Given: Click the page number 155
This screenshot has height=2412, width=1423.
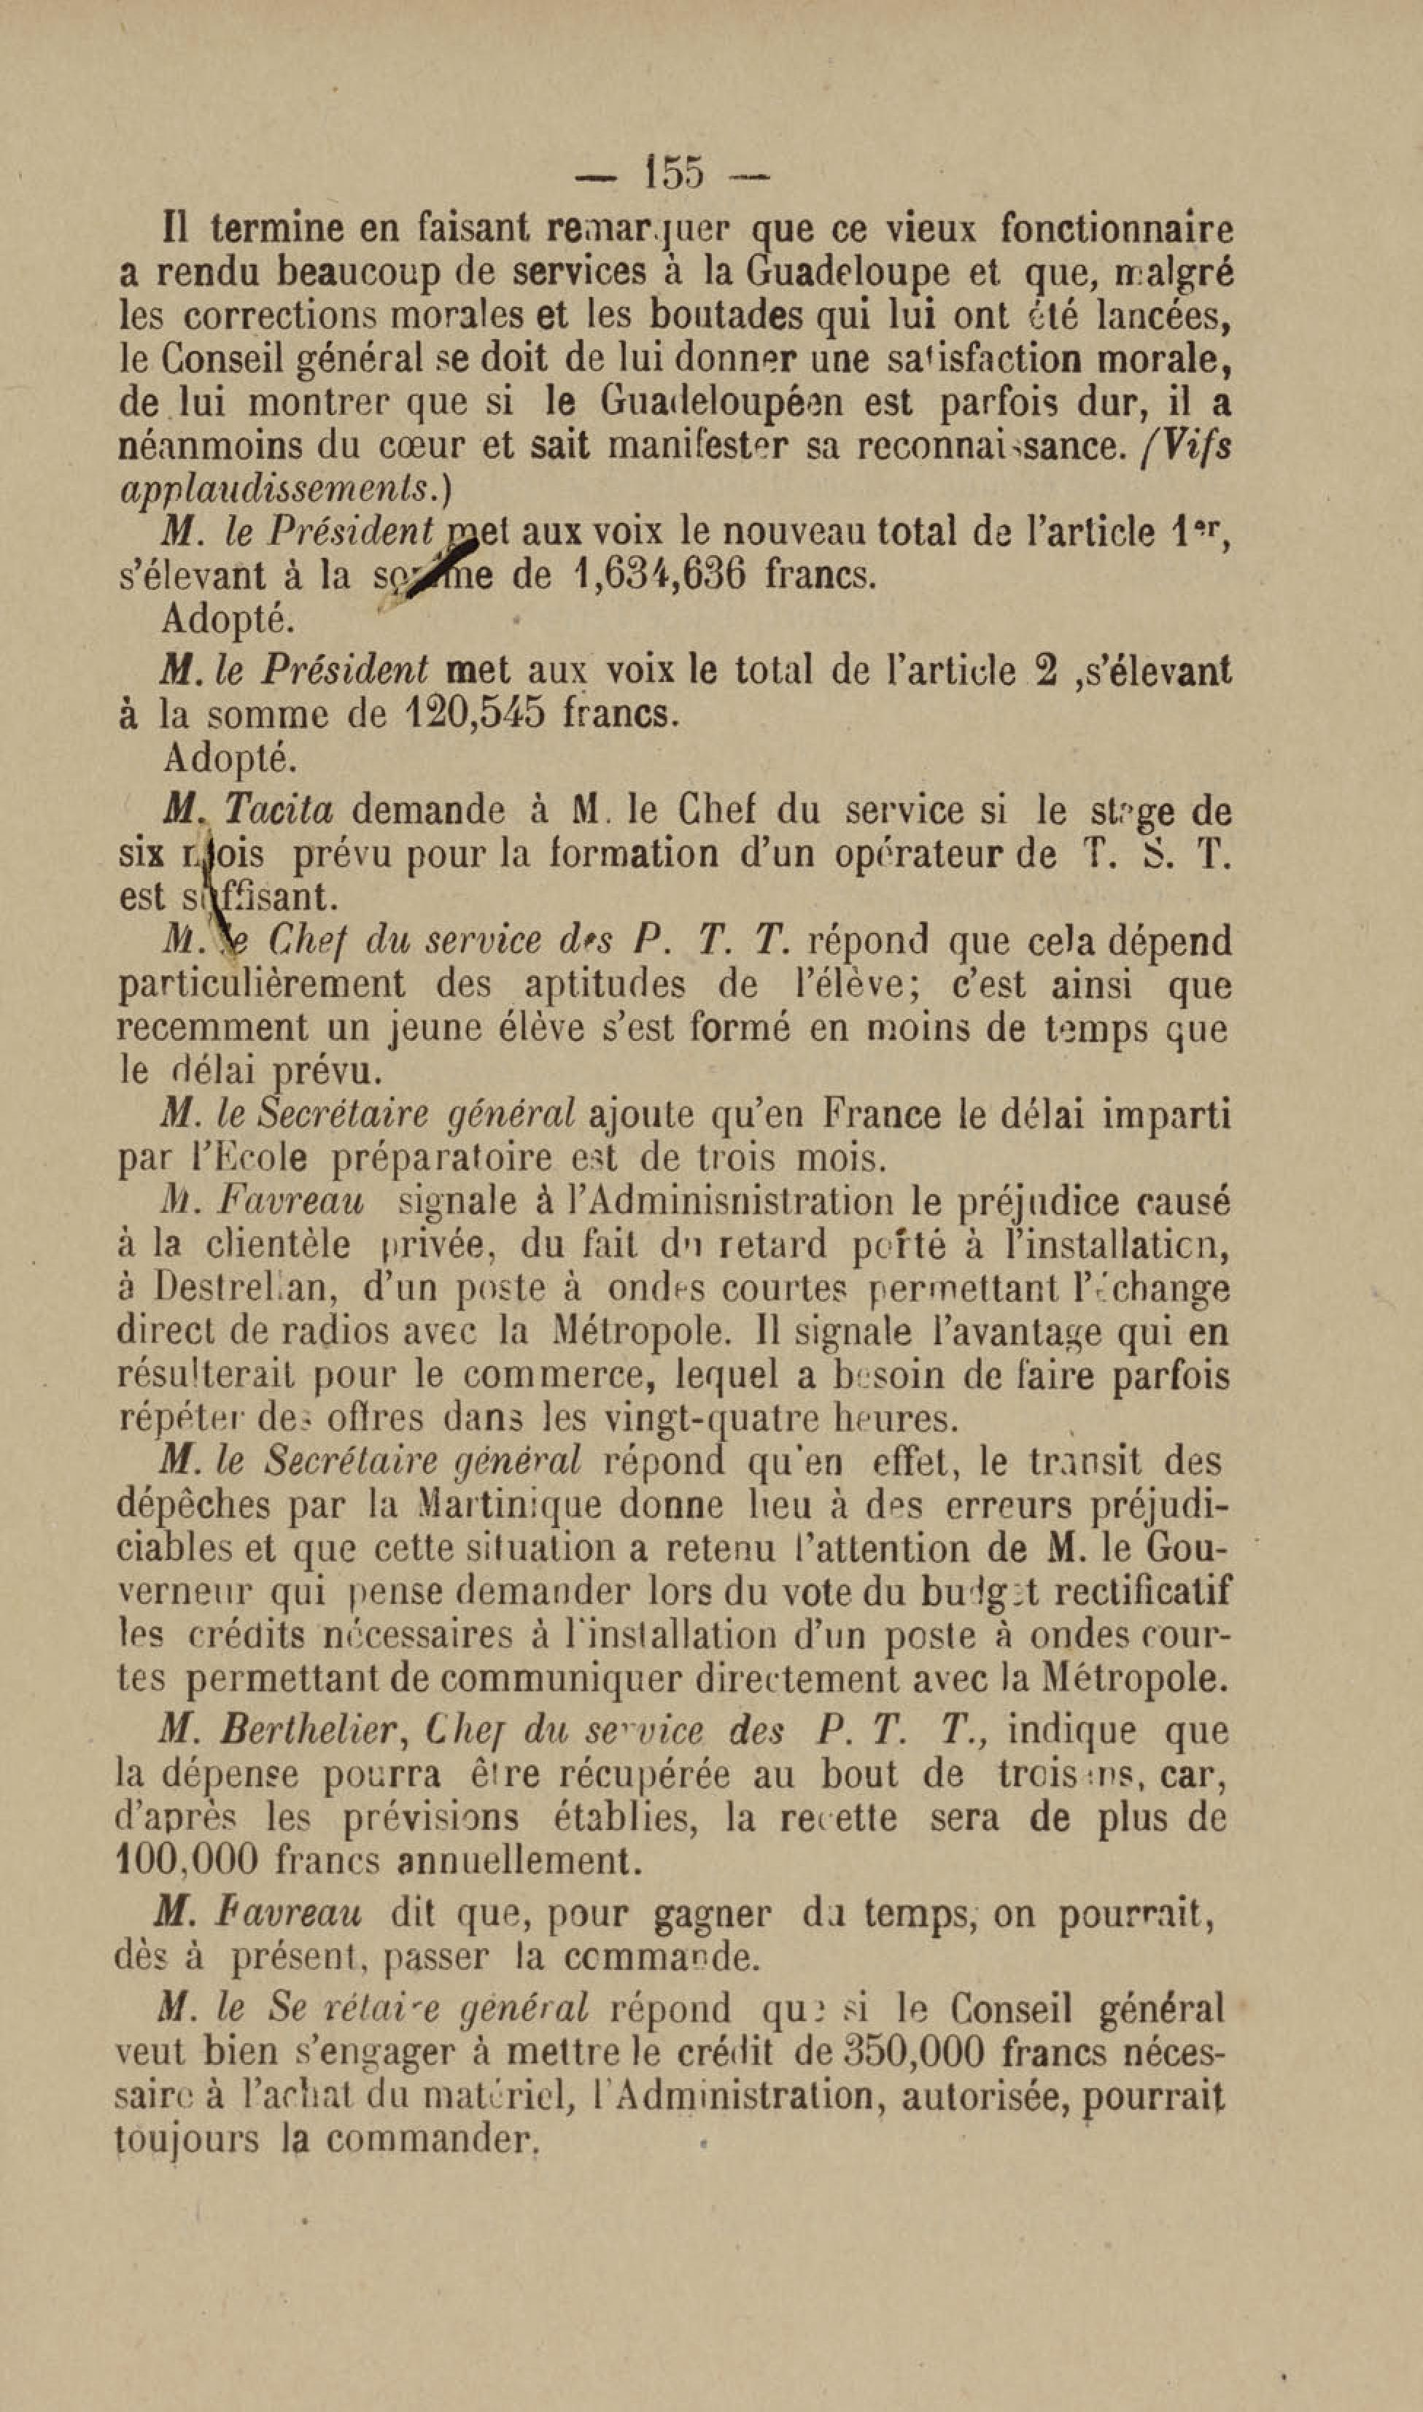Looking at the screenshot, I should (676, 173).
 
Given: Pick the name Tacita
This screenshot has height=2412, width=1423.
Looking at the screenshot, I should (278, 811).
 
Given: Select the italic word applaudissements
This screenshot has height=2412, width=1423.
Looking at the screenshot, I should (277, 488).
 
